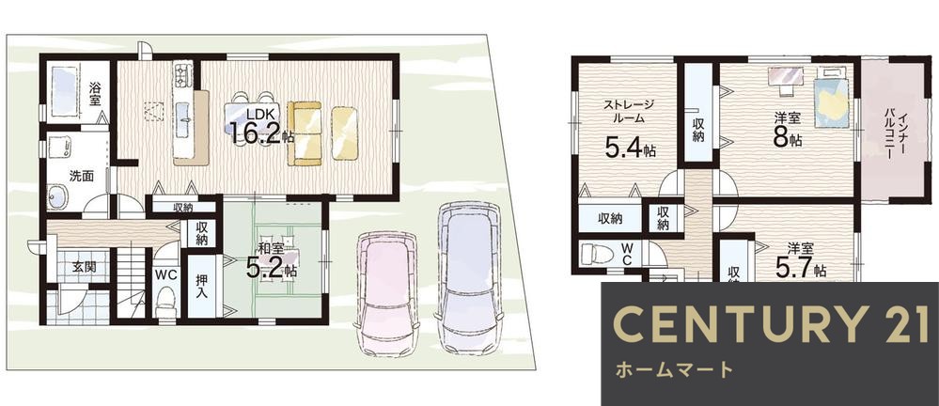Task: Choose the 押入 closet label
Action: [x=200, y=294]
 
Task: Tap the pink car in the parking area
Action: [x=385, y=291]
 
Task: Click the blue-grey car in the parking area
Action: [x=467, y=277]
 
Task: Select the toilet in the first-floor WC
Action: [x=166, y=300]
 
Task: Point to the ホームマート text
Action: [x=672, y=369]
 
